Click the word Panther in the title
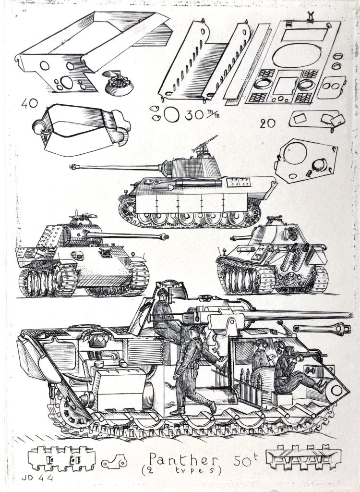point(183,460)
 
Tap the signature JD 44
point(37,478)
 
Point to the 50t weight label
point(246,460)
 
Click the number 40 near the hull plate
point(29,103)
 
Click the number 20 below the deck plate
point(267,123)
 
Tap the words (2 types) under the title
point(181,470)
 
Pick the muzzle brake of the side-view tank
point(74,167)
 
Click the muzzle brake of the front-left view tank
point(164,237)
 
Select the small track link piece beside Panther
point(114,462)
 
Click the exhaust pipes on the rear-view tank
point(294,257)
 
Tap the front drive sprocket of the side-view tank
point(128,208)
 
